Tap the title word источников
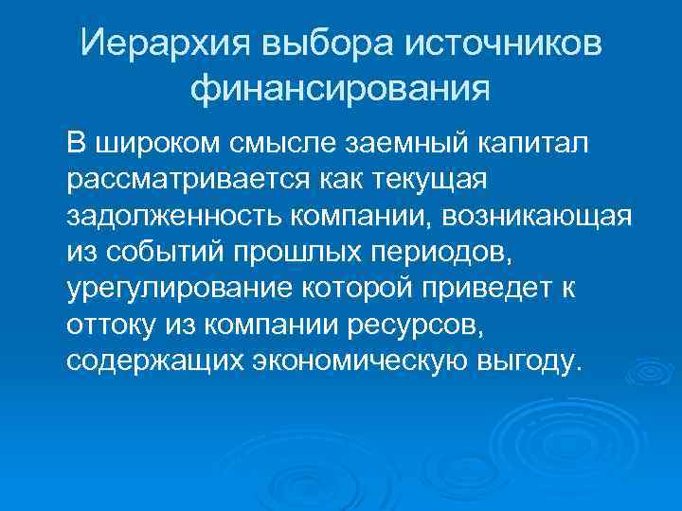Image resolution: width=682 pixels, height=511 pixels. pos(500,44)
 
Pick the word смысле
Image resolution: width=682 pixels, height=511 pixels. pos(275,143)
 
